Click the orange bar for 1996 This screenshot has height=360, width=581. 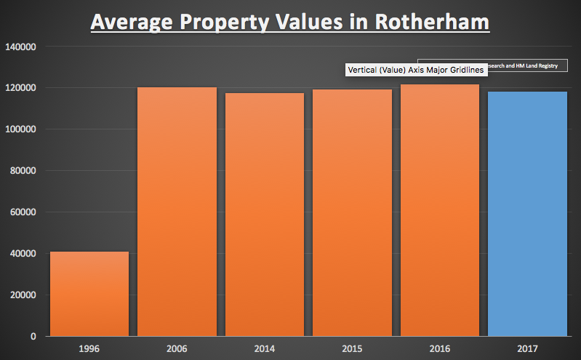click(x=89, y=294)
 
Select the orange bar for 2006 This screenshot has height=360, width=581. click(x=177, y=212)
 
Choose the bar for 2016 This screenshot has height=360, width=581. click(x=439, y=211)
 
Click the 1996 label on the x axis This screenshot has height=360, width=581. click(x=89, y=349)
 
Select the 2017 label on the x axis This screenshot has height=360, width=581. click(x=527, y=349)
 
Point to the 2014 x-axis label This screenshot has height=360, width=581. click(x=265, y=349)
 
